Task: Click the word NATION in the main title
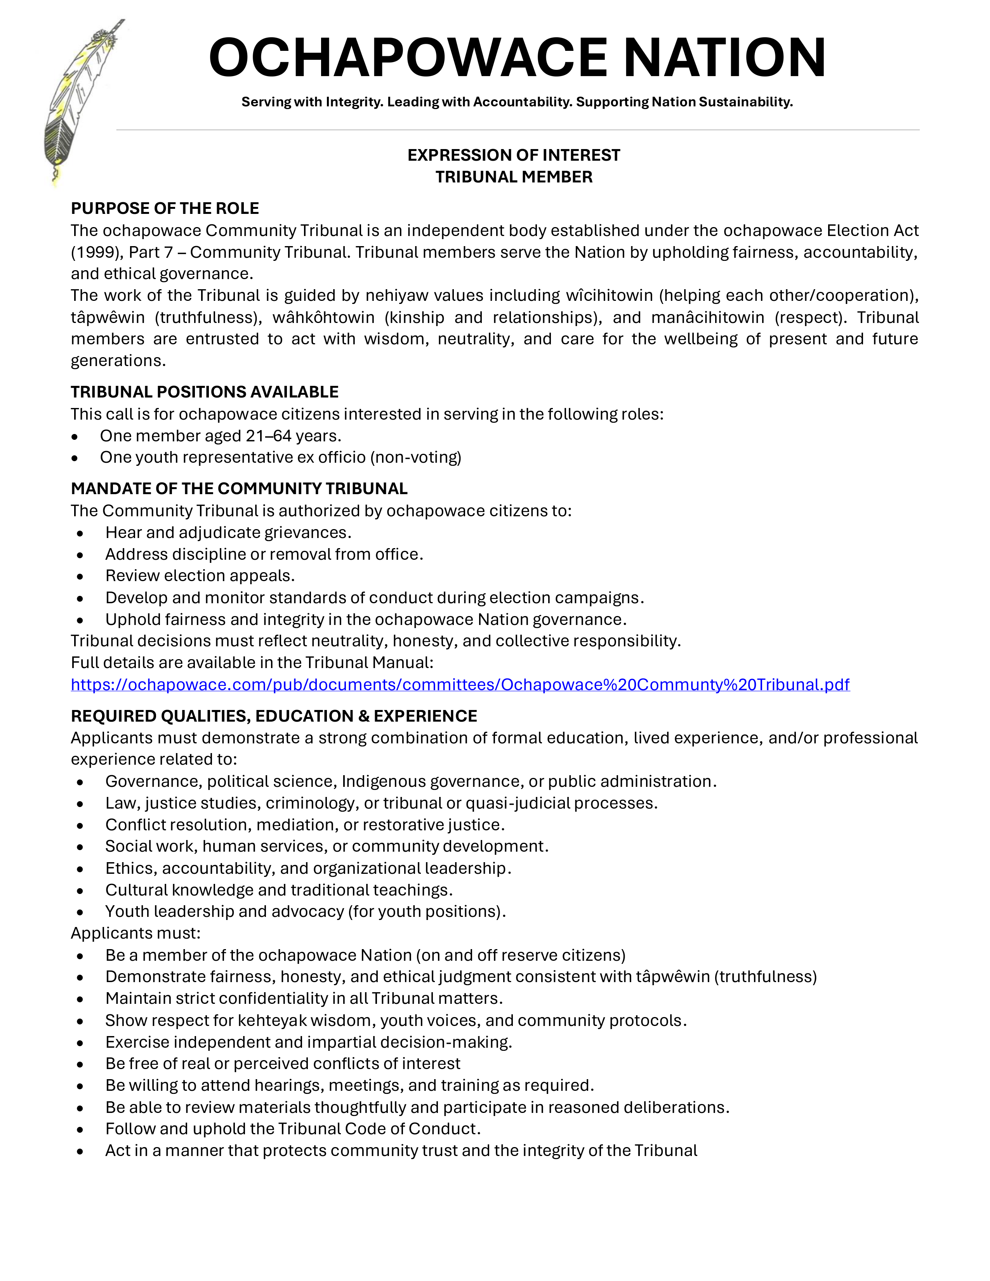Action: click(x=724, y=57)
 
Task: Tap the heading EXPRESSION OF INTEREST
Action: click(x=514, y=155)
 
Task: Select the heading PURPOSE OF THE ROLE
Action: click(x=165, y=208)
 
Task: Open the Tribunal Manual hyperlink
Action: click(x=460, y=684)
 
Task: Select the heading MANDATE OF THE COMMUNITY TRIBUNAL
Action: click(x=239, y=489)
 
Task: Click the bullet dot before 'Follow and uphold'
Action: click(x=80, y=1130)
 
